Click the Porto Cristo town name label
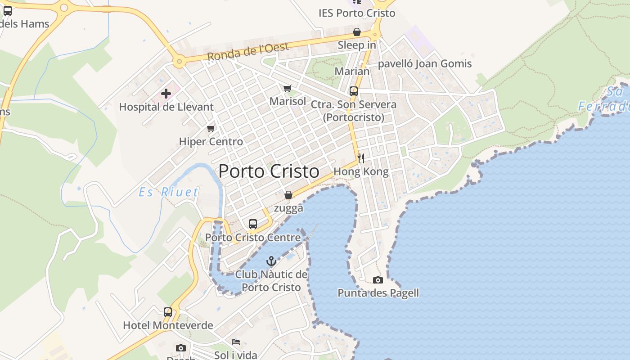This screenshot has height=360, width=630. pos(269,171)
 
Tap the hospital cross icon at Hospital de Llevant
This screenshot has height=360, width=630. pos(166,94)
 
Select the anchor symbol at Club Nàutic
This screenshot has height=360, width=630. pos(271,261)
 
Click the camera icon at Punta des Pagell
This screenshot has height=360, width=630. pos(378,280)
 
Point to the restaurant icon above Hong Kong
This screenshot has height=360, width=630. pos(360,158)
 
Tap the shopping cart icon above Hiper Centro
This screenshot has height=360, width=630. pos(211,128)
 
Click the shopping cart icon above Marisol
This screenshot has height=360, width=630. pos(287,88)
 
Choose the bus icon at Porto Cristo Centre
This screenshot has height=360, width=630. pos(253,224)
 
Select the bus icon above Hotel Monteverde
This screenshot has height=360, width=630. pos(168,312)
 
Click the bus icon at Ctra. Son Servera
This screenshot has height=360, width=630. pos(354,91)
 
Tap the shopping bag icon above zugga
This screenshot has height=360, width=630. pos(288,195)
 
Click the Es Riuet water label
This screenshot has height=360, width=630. pos(168,193)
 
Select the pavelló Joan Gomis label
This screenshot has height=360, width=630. pos(424,63)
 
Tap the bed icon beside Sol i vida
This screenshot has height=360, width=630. pos(235,342)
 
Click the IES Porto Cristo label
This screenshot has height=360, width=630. pos(357,13)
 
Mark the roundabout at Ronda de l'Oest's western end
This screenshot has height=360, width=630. pos(180,61)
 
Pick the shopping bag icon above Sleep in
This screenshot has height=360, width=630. pos(357,32)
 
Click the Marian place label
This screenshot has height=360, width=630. pos(352,71)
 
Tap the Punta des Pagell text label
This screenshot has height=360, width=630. pos(378,293)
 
